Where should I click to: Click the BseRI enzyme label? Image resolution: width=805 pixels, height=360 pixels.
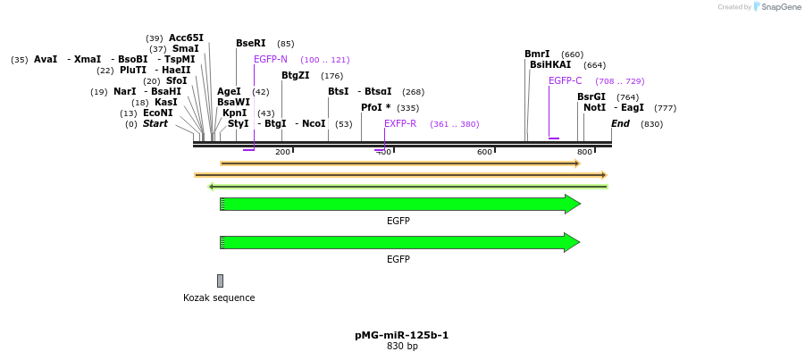250,43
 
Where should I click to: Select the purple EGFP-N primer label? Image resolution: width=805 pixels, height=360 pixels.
271,59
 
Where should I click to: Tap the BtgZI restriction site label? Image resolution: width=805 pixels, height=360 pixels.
296,76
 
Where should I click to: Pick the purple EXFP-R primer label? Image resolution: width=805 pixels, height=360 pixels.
400,123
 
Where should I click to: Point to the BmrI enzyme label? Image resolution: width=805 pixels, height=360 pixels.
537,54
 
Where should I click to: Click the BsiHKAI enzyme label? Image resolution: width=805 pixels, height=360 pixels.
550,64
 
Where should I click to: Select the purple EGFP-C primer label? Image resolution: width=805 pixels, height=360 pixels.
565,80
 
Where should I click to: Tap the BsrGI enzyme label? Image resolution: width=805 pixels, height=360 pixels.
591,96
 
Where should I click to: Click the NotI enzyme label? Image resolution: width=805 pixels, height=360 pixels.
594,107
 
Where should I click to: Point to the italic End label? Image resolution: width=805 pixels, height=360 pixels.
620,123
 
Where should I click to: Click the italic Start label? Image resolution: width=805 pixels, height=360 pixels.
155,123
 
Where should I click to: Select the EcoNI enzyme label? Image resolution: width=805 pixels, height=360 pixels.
158,113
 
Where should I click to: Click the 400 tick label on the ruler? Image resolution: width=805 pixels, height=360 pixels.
383,153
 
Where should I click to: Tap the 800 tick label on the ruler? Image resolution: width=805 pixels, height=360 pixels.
584,153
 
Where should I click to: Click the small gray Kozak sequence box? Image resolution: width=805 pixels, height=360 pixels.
220,280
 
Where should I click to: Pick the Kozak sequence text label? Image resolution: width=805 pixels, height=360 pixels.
219,297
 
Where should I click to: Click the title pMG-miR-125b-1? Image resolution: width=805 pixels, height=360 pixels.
401,335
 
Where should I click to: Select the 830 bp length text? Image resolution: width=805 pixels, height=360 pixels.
402,346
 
